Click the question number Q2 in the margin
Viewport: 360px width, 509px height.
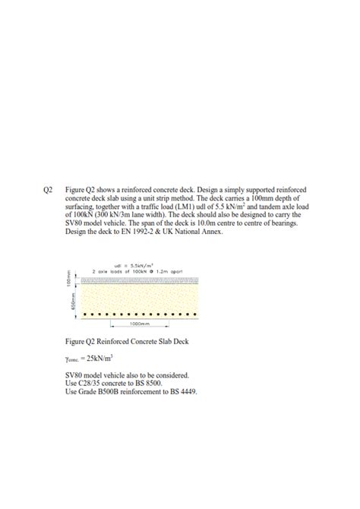coord(49,188)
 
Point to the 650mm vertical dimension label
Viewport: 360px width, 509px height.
coord(74,302)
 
